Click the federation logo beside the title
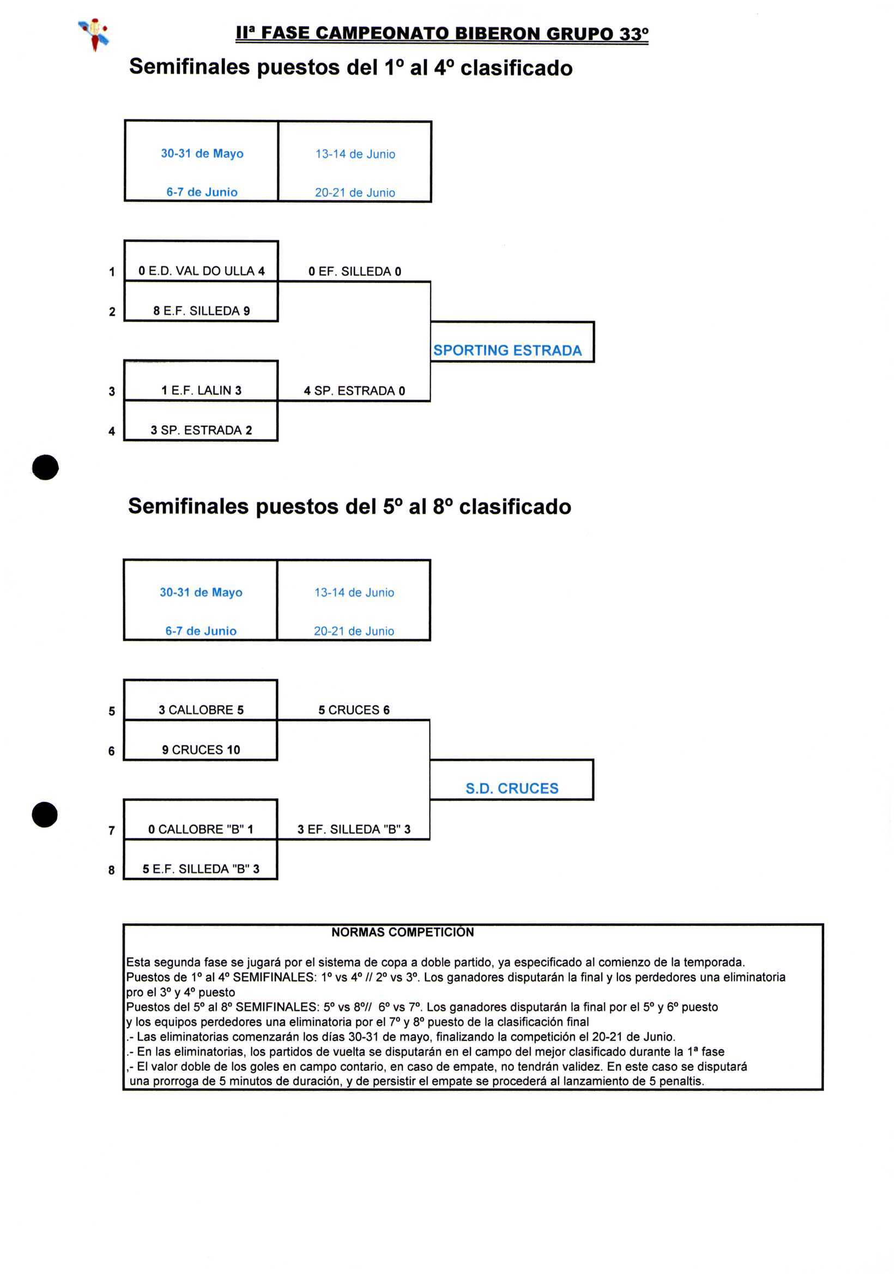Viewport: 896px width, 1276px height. click(x=94, y=33)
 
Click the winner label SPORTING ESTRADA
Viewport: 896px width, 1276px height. click(x=507, y=350)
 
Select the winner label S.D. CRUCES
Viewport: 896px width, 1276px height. click(x=512, y=788)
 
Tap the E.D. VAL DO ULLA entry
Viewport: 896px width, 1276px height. click(x=201, y=271)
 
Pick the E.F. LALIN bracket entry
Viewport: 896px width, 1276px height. click(x=201, y=390)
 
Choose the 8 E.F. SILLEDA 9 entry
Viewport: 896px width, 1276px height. click(x=201, y=311)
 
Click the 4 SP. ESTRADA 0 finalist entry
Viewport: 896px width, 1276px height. click(x=354, y=390)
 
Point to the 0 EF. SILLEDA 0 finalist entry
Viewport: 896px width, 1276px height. click(x=354, y=271)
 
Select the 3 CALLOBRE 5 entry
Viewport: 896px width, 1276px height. click(x=201, y=709)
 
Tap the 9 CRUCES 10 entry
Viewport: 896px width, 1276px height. click(x=201, y=750)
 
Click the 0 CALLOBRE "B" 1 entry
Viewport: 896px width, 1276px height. click(x=201, y=829)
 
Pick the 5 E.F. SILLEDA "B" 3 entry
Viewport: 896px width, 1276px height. click(x=201, y=869)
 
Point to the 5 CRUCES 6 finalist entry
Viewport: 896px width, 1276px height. click(x=354, y=709)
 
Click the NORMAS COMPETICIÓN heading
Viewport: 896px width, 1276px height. click(x=403, y=932)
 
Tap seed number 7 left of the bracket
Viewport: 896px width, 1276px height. click(x=112, y=830)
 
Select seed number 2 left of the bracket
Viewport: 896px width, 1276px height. click(x=112, y=312)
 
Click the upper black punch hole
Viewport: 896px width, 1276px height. click(x=46, y=467)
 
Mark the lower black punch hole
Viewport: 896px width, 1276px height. click(x=45, y=815)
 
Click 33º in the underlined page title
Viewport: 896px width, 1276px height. click(x=634, y=34)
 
